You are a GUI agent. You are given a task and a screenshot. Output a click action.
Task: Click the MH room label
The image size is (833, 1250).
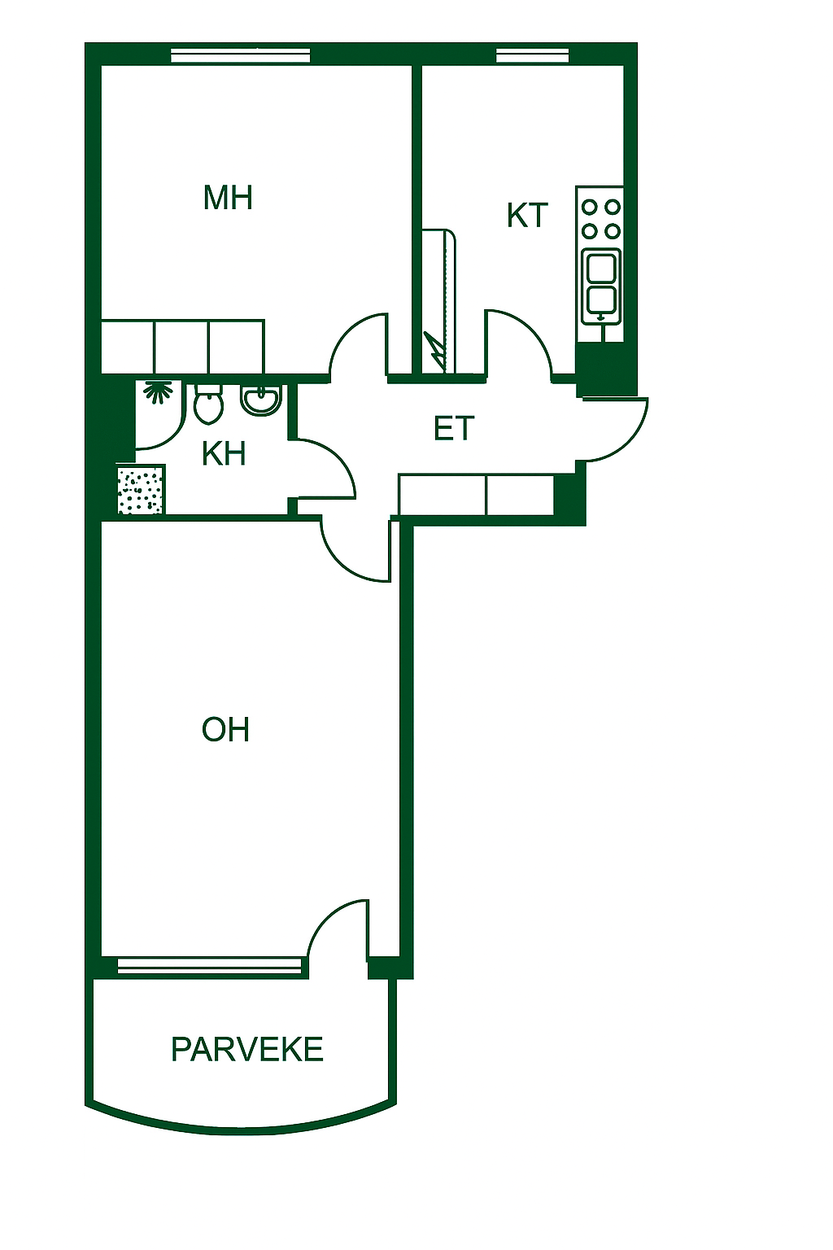(228, 198)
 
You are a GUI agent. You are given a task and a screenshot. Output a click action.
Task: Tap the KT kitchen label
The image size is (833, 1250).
(526, 215)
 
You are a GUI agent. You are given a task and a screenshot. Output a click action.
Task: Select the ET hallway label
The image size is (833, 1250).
(454, 428)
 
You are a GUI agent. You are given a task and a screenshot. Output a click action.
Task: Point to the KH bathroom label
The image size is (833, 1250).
(224, 453)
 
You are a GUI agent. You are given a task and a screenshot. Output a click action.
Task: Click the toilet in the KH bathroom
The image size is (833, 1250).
(208, 402)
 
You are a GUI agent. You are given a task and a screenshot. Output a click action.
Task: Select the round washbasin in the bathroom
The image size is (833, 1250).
(261, 400)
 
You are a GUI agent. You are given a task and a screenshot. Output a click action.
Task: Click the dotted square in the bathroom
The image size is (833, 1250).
(142, 489)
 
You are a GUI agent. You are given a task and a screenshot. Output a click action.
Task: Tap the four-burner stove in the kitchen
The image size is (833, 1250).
(600, 219)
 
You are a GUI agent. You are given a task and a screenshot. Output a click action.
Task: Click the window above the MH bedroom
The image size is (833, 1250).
(241, 56)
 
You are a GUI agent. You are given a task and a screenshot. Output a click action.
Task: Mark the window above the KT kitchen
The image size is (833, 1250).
(533, 56)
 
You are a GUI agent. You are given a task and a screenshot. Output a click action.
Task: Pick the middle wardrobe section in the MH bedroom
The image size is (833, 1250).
(181, 347)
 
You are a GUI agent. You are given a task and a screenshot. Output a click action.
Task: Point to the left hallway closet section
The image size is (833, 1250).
(443, 495)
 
